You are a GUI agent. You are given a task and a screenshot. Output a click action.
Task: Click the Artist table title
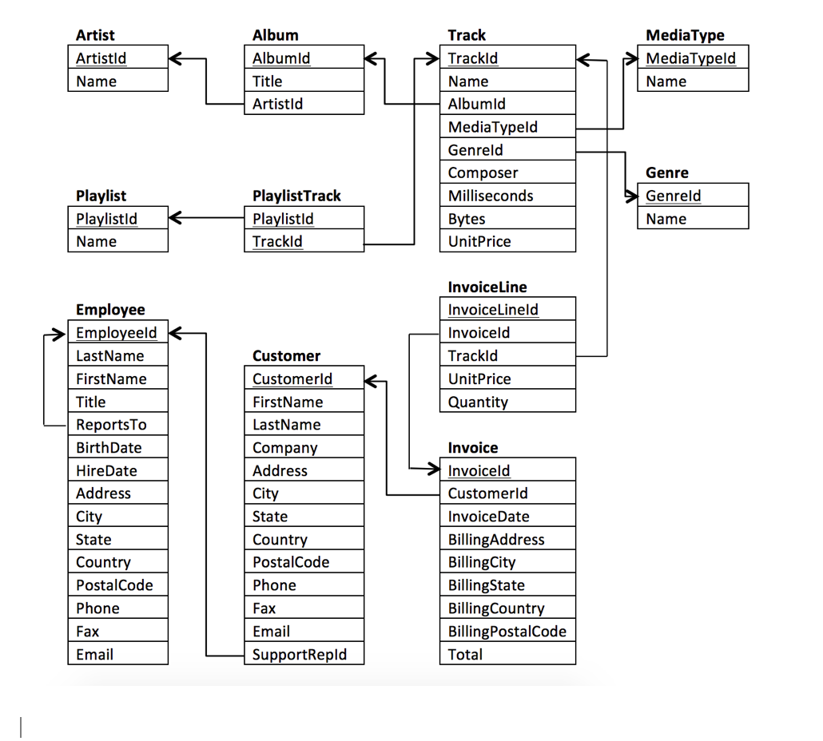pyautogui.click(x=95, y=35)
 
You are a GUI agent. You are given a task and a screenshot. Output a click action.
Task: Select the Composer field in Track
pyautogui.click(x=483, y=172)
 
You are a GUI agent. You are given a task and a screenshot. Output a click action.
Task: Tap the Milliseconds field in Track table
pyautogui.click(x=490, y=196)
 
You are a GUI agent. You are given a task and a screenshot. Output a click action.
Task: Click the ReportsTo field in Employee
pyautogui.click(x=111, y=425)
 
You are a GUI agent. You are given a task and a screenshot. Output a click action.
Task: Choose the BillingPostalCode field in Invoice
pyautogui.click(x=507, y=632)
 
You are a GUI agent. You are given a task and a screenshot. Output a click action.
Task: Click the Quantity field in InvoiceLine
pyautogui.click(x=478, y=402)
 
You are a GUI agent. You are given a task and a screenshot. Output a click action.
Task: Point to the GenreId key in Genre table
pyautogui.click(x=673, y=196)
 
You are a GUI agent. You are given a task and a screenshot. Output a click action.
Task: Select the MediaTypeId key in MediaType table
pyautogui.click(x=690, y=58)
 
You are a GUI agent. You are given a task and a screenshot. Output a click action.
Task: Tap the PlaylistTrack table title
pyautogui.click(x=296, y=196)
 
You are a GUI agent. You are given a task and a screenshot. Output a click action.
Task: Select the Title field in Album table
pyautogui.click(x=267, y=81)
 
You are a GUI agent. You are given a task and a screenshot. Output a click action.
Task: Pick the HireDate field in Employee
pyautogui.click(x=106, y=470)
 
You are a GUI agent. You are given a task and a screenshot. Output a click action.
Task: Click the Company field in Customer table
pyautogui.click(x=284, y=448)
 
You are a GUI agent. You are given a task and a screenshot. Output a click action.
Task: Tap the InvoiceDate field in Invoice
pyautogui.click(x=488, y=517)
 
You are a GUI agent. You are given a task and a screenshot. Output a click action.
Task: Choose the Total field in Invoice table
pyautogui.click(x=465, y=655)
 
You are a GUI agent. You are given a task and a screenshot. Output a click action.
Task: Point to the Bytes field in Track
pyautogui.click(x=467, y=219)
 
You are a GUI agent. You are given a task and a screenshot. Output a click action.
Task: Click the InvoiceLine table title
pyautogui.click(x=487, y=287)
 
